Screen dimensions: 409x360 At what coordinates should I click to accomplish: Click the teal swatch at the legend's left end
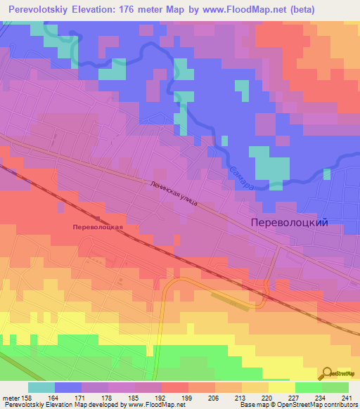tap(41, 387)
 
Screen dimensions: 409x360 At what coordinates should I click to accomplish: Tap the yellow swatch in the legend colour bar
tap(281, 387)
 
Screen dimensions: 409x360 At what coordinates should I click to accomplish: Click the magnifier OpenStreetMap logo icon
tap(328, 373)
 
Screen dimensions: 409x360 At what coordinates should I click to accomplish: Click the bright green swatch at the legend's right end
tap(335, 387)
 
